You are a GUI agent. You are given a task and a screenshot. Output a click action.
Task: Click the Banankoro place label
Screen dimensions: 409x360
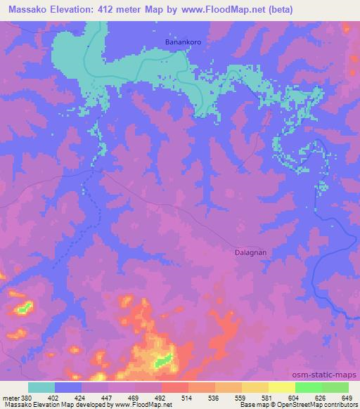coord(184,42)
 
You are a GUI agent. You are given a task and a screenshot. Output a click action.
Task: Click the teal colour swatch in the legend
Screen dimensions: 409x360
coord(41,387)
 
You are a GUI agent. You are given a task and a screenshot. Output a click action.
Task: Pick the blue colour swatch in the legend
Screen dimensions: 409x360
coord(68,387)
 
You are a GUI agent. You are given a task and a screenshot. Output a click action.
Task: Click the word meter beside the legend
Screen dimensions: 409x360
coord(11,397)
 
